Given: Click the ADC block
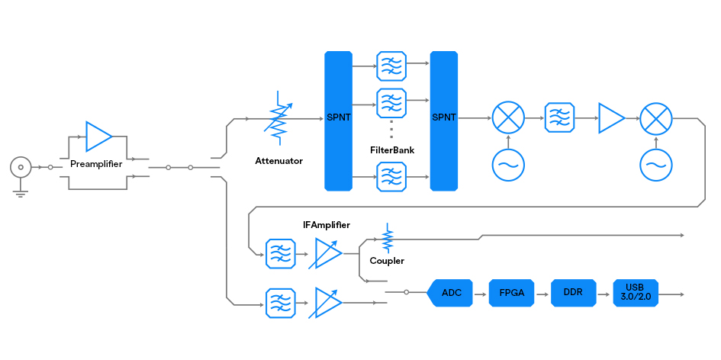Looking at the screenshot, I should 451,293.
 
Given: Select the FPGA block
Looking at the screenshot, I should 510,293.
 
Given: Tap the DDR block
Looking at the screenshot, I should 573,293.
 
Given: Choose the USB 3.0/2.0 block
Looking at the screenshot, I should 636,293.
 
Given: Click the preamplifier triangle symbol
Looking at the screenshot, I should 98,137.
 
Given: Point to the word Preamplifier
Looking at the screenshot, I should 96,164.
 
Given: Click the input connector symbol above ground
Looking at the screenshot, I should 21,167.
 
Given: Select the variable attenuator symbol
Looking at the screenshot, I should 279,118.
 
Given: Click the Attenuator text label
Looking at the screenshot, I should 278,161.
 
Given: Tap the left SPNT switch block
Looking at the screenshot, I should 338,121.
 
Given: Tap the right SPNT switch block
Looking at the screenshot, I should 443,121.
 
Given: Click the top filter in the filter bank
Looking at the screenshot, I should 391,66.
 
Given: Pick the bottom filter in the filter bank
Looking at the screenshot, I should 391,179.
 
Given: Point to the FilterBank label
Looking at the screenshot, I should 392,151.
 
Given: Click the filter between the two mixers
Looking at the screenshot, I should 558,118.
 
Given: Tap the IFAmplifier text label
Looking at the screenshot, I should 326,225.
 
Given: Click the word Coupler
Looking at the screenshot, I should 387,261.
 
